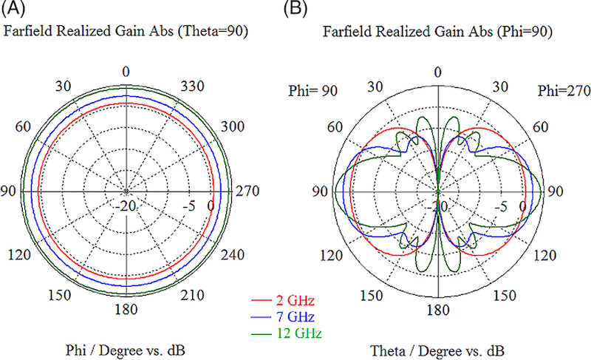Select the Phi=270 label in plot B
click(x=560, y=91)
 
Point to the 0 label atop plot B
click(x=438, y=72)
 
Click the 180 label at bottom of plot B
click(x=438, y=309)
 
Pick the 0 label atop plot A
click(x=126, y=72)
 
